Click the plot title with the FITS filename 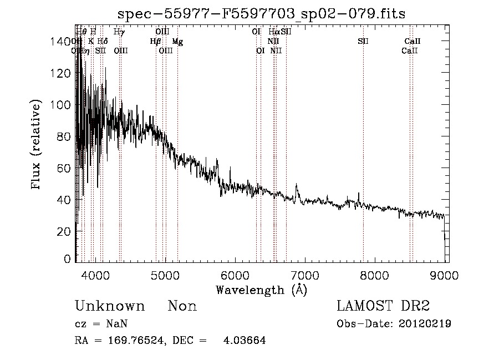(x=262, y=14)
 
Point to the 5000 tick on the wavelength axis (x=165, y=274)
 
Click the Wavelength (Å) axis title (x=261, y=289)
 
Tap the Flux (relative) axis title (x=37, y=145)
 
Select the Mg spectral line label (x=177, y=42)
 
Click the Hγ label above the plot (x=119, y=32)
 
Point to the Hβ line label (x=155, y=42)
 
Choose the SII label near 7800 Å (x=363, y=42)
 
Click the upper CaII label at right (x=413, y=42)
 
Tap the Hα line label (x=274, y=32)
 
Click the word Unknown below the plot (x=110, y=306)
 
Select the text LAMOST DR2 (x=383, y=306)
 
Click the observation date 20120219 (x=425, y=324)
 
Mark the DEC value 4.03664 (x=245, y=341)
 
